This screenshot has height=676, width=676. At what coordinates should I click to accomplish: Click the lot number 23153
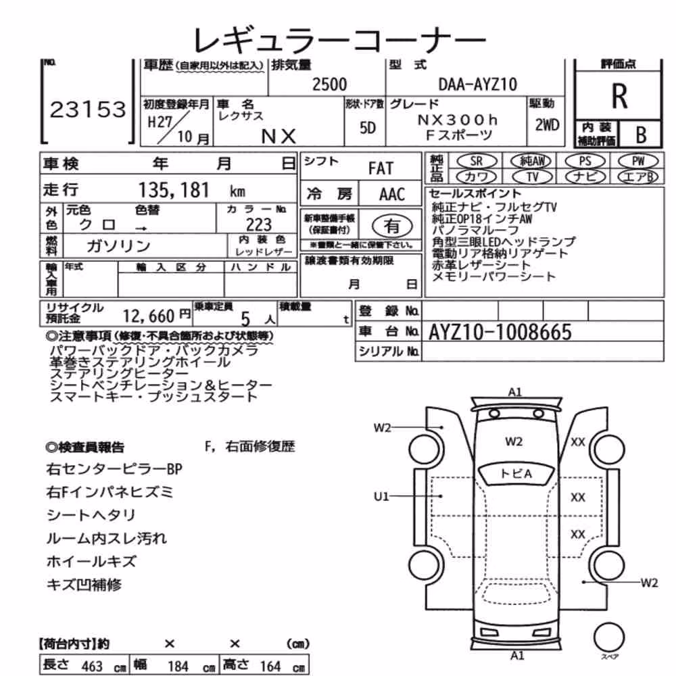(x=88, y=110)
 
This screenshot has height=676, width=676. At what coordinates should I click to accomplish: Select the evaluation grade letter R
(x=619, y=96)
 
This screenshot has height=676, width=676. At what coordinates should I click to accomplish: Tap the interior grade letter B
(x=641, y=135)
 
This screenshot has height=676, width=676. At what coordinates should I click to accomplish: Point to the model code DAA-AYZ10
(x=477, y=84)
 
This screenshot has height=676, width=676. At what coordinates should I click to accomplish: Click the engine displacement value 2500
(x=329, y=84)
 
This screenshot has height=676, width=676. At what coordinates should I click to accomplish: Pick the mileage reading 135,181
(x=174, y=190)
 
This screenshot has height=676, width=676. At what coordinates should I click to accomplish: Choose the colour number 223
(x=259, y=224)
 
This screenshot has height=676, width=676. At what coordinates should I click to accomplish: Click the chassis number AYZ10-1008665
(x=500, y=332)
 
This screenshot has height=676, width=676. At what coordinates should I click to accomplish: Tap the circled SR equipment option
(x=477, y=161)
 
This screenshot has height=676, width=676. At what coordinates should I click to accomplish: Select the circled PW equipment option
(x=638, y=161)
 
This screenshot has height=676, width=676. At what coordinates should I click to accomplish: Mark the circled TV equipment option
(x=533, y=176)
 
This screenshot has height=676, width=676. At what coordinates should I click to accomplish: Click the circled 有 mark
(x=392, y=226)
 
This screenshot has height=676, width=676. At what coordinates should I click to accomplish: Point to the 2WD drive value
(x=547, y=125)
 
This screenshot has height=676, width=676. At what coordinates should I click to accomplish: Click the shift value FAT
(x=381, y=168)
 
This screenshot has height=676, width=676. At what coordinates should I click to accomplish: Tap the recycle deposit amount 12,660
(x=148, y=316)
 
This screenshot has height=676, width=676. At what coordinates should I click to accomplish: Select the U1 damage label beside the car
(x=381, y=497)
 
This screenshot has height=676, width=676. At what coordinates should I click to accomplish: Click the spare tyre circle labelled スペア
(x=609, y=637)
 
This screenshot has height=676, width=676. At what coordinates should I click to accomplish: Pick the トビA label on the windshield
(x=516, y=474)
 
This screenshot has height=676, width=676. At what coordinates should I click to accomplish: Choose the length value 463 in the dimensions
(x=92, y=666)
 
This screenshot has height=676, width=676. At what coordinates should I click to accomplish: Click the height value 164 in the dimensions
(x=270, y=666)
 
